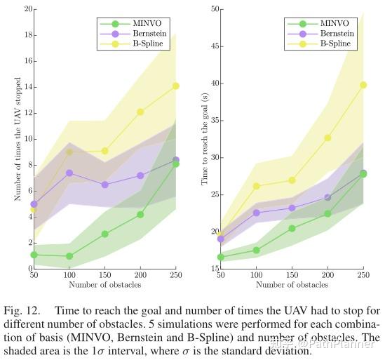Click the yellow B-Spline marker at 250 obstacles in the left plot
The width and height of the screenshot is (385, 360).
pyautogui.click(x=176, y=86)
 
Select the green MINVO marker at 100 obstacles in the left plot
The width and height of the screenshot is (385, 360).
pyautogui.click(x=69, y=256)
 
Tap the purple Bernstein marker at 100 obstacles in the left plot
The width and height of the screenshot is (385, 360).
pyautogui.click(x=69, y=173)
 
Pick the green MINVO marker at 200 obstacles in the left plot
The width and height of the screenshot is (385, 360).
pyautogui.click(x=140, y=214)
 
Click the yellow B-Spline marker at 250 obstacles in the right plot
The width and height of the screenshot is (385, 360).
pyautogui.click(x=363, y=85)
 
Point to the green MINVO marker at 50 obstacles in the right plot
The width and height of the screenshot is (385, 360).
pyautogui.click(x=221, y=257)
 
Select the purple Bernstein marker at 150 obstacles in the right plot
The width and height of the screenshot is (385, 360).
pyautogui.click(x=292, y=208)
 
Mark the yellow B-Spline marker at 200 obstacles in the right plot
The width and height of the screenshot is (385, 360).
pyautogui.click(x=327, y=138)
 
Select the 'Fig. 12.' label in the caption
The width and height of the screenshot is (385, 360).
pyautogui.click(x=22, y=310)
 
